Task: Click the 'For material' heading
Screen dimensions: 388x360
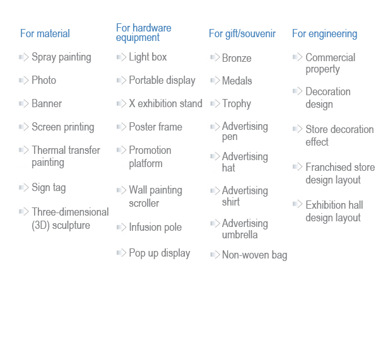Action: [x=45, y=33]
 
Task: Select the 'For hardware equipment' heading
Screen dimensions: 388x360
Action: [x=143, y=33]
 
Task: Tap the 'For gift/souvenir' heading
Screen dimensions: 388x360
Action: [x=242, y=33]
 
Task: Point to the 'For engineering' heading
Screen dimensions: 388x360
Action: [x=324, y=34]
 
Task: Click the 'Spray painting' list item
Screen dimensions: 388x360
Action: [x=61, y=57]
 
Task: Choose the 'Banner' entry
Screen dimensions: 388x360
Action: [x=47, y=103]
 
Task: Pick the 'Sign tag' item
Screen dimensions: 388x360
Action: [x=49, y=188]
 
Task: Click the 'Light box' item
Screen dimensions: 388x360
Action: [x=148, y=57]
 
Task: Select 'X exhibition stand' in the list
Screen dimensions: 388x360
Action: [x=165, y=103]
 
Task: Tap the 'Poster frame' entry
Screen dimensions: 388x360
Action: [x=155, y=127]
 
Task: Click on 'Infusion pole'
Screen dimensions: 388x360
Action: [x=155, y=227]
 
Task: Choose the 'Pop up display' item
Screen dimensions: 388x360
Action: [x=160, y=253]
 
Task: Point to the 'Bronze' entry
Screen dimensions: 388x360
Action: [x=237, y=58]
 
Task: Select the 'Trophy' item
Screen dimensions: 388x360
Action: [x=237, y=104]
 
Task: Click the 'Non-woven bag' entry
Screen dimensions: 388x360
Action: [x=254, y=255]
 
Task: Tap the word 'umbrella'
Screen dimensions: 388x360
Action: [x=240, y=235]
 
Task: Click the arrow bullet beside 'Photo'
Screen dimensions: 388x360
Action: [x=24, y=80]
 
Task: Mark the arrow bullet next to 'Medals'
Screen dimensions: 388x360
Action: [x=215, y=80]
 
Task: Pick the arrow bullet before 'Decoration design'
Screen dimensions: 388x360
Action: [x=297, y=91]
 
